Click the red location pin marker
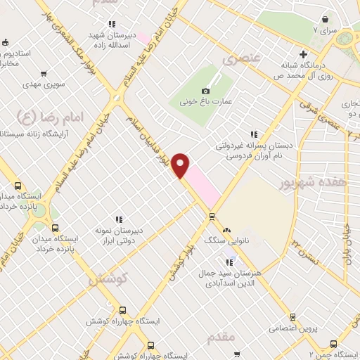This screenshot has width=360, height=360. (x=181, y=166)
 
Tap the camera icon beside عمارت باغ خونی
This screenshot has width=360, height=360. (x=205, y=91)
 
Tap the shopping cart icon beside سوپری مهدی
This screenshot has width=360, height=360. (x=44, y=72)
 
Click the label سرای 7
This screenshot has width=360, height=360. (x=328, y=32)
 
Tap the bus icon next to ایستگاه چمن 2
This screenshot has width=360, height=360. (x=333, y=344)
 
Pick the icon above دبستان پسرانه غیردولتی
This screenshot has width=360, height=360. (x=253, y=134)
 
